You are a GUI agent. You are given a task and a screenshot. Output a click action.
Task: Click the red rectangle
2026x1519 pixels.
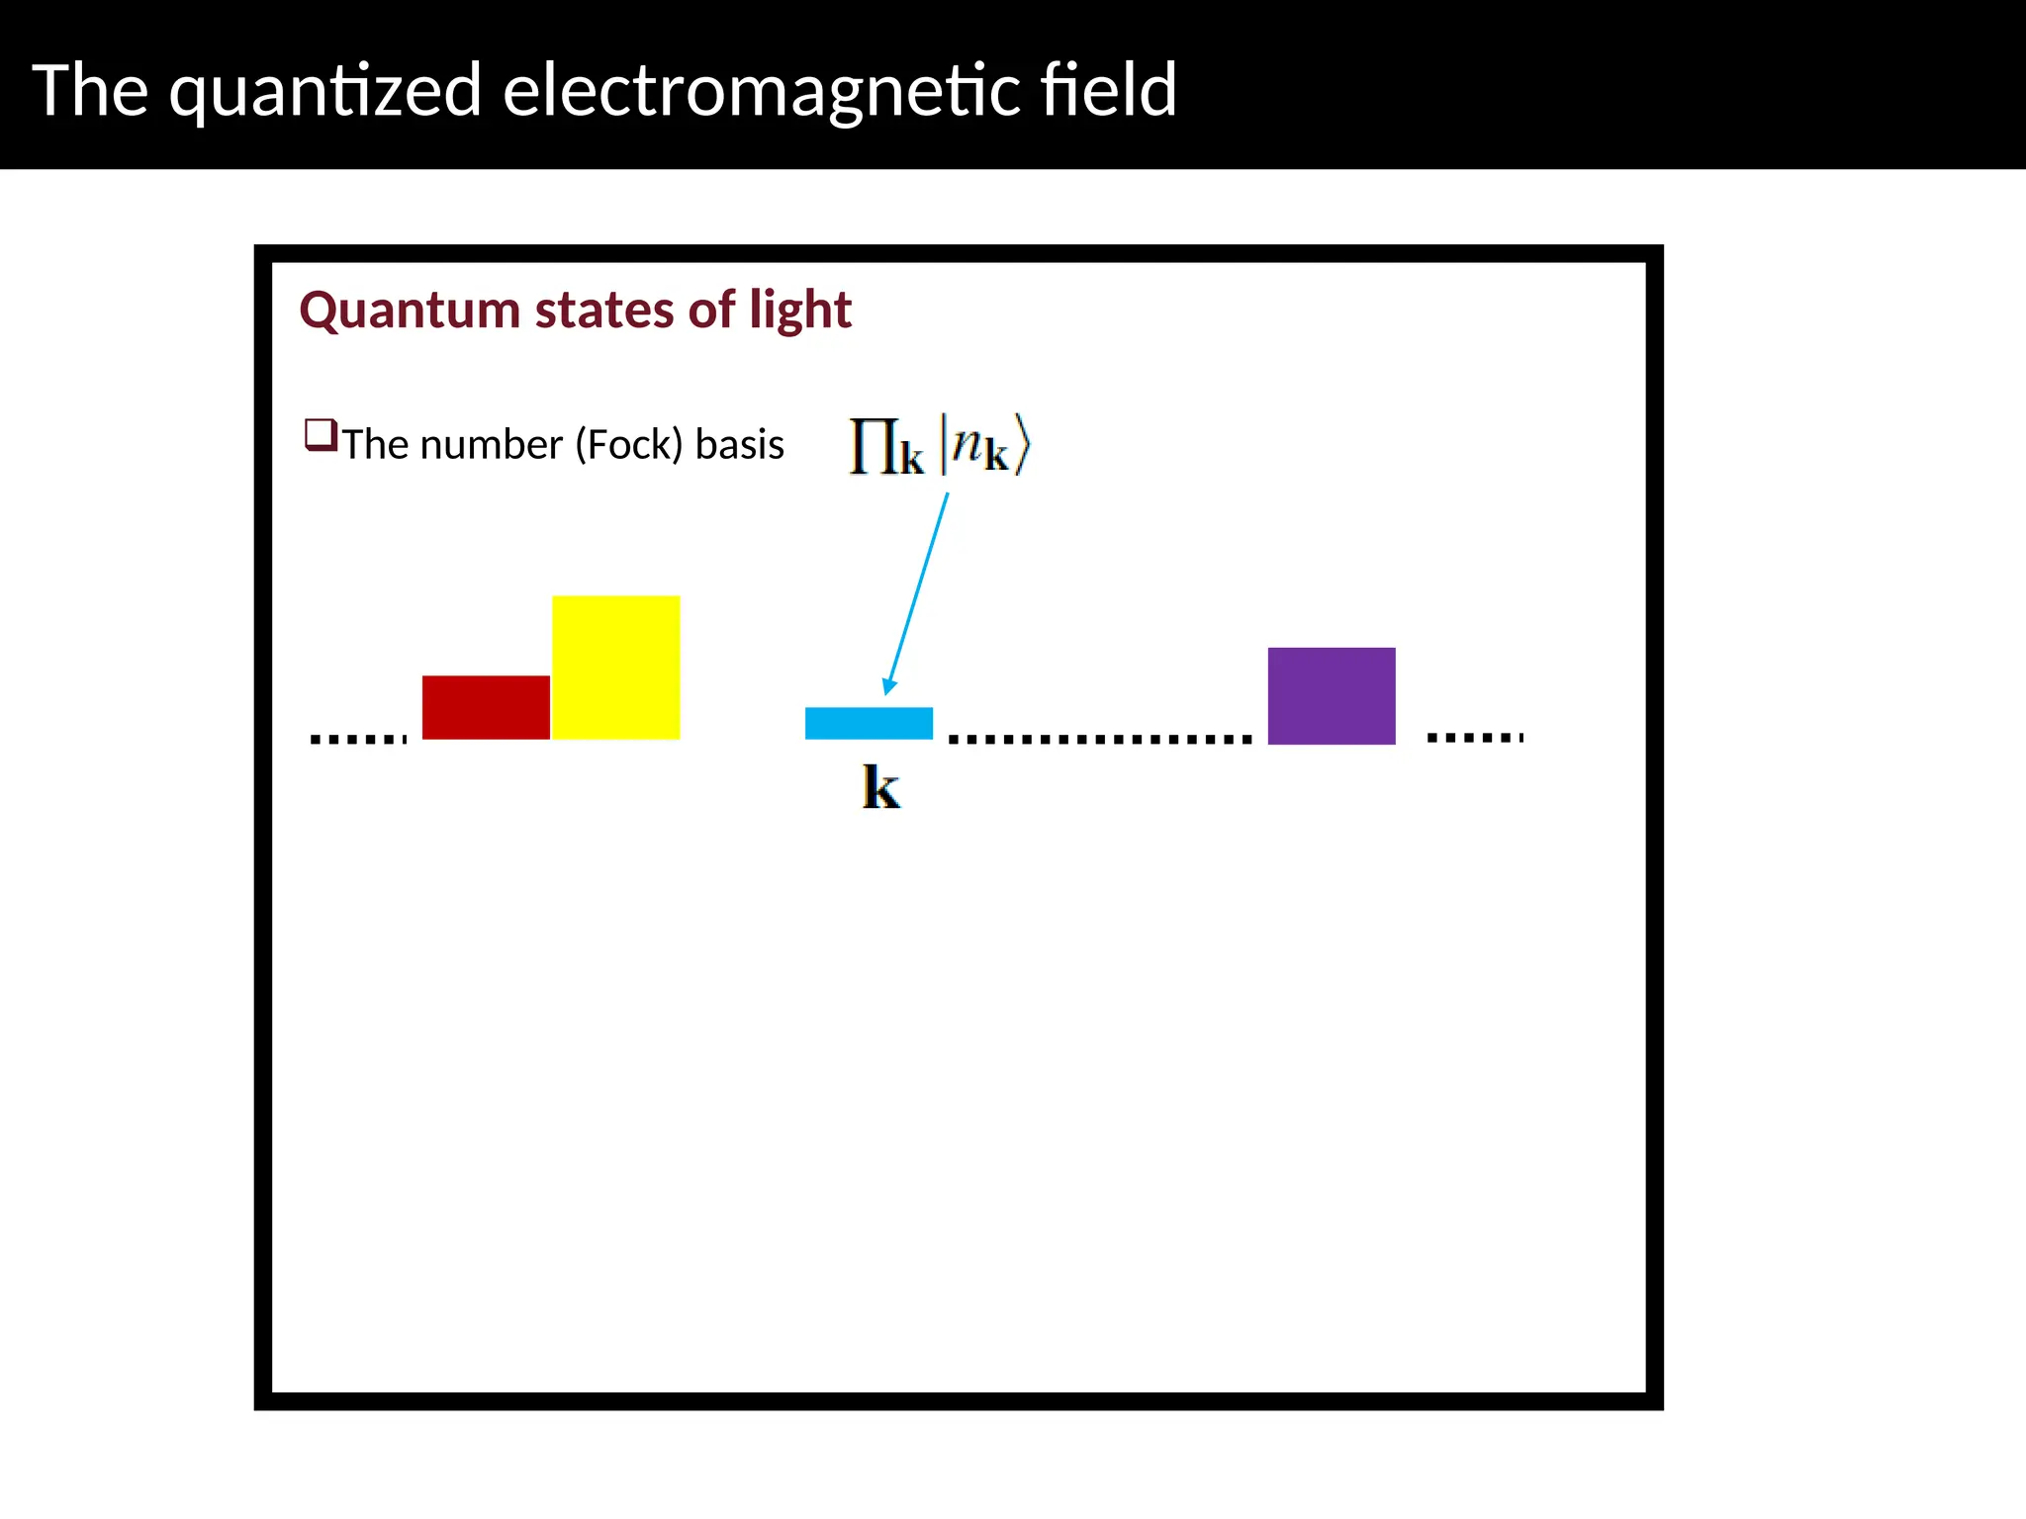486,707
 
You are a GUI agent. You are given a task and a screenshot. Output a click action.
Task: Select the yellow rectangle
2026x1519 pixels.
615,668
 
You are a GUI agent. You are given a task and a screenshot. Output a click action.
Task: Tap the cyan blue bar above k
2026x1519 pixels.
869,723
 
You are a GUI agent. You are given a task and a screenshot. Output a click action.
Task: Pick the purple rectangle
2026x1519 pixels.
1332,696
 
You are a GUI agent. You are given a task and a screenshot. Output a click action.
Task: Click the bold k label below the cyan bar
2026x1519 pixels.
880,788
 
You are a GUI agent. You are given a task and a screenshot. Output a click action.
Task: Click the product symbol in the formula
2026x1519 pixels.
873,447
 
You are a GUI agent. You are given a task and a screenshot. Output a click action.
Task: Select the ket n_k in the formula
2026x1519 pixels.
984,447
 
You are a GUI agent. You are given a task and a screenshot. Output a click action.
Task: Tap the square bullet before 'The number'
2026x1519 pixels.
320,435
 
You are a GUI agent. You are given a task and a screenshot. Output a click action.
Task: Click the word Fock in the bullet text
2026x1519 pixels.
628,445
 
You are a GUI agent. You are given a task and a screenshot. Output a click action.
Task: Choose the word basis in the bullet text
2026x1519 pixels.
739,445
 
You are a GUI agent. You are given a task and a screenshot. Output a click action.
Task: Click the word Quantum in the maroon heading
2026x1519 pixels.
411,311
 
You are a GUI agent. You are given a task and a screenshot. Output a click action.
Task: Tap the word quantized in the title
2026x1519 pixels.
325,91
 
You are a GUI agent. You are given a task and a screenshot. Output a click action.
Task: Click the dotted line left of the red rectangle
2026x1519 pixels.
358,739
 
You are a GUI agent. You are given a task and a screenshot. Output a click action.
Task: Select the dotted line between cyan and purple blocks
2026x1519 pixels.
1100,739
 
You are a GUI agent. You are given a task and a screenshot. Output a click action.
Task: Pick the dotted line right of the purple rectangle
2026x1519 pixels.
1475,737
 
